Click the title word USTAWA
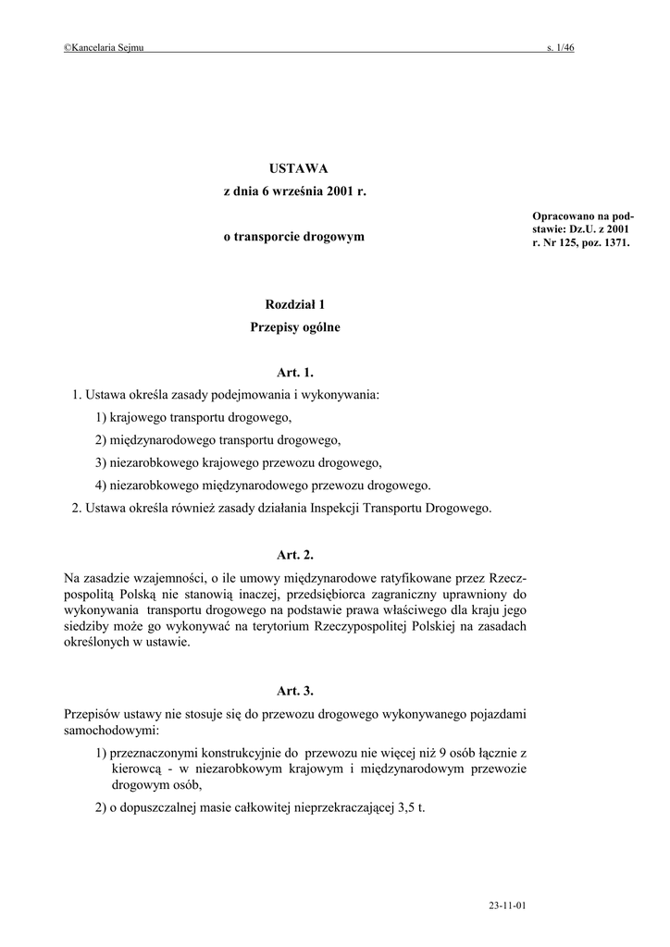295,168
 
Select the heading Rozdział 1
295,303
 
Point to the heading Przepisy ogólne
295,326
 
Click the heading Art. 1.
295,373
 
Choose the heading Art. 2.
295,555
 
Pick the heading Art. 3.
295,690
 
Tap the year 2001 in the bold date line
338,191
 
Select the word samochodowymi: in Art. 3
110,730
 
